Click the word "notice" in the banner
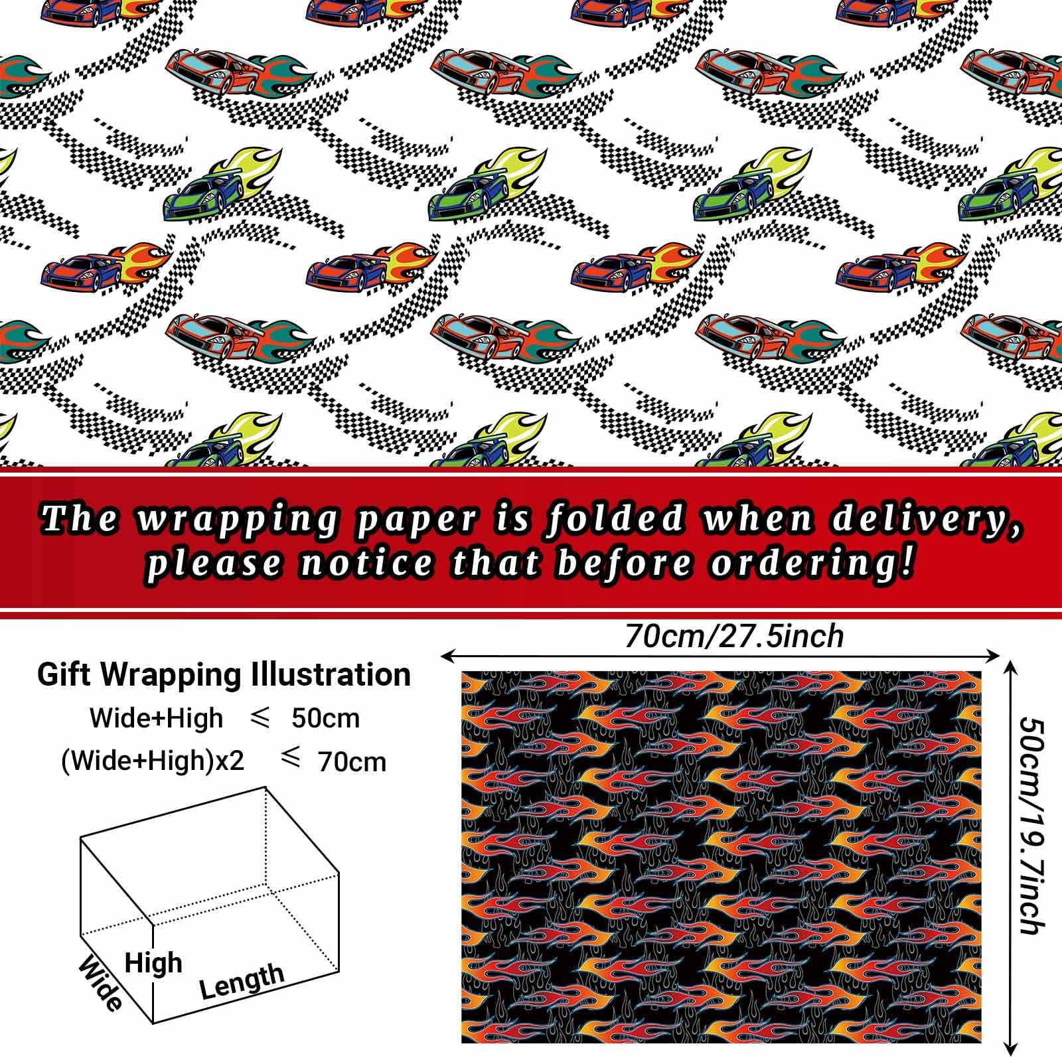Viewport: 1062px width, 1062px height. (x=366, y=564)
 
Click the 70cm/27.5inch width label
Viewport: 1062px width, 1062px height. (x=733, y=637)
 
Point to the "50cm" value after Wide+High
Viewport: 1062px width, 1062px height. (x=326, y=718)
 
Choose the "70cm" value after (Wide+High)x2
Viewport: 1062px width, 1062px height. (x=352, y=762)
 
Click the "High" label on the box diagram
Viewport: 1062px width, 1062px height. (x=153, y=963)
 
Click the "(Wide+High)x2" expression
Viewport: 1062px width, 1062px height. (x=153, y=761)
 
